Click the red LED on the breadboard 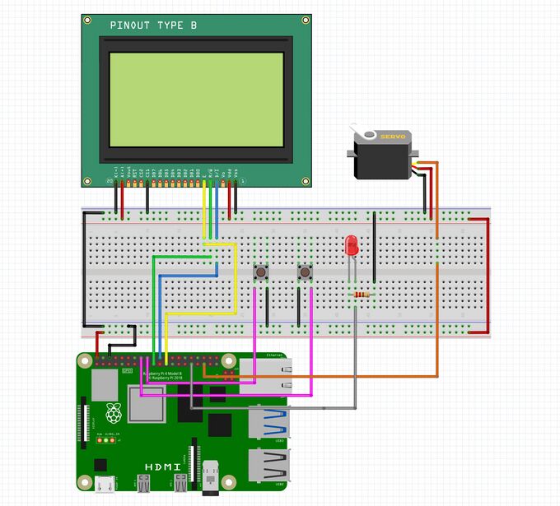coord(352,244)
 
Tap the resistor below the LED coord(361,295)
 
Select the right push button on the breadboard coord(305,272)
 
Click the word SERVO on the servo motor coord(392,137)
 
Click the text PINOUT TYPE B coord(153,26)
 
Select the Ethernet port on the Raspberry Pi coord(264,376)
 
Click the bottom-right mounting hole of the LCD coord(306,179)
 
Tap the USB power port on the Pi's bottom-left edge coord(104,485)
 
